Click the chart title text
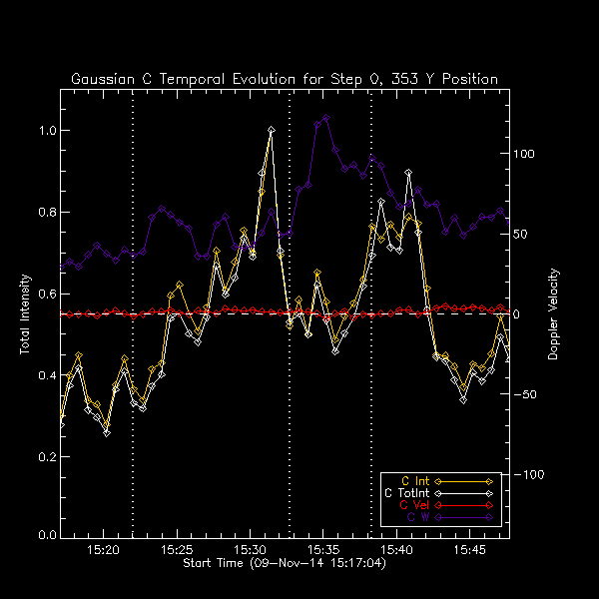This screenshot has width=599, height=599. coord(285,79)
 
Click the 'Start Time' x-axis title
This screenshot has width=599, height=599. coord(285,564)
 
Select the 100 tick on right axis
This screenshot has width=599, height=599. coord(525,155)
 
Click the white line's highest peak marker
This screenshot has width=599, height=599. coord(271,130)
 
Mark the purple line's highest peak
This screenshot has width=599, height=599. coord(326,118)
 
